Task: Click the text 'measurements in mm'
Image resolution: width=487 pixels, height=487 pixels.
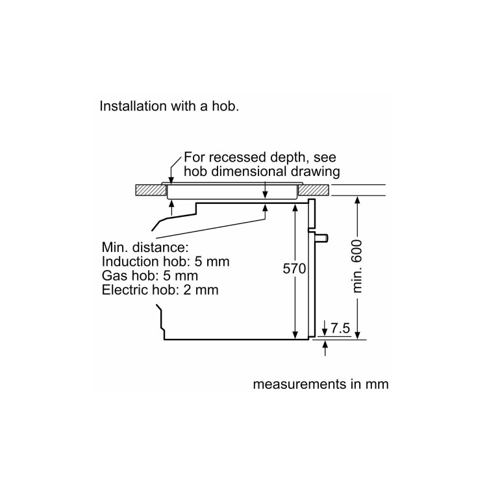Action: [320, 384]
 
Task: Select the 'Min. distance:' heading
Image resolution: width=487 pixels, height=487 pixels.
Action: [145, 247]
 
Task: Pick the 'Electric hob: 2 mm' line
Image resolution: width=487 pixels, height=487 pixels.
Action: [160, 290]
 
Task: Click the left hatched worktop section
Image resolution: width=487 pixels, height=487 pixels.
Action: [150, 190]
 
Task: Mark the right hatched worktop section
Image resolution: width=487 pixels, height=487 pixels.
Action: [315, 190]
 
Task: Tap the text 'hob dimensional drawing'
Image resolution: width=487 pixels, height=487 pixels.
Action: [262, 172]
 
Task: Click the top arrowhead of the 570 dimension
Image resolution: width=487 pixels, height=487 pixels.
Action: [295, 206]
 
